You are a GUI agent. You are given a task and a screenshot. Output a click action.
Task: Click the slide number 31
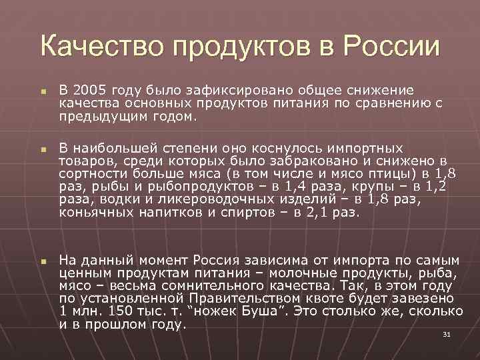point(447,334)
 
